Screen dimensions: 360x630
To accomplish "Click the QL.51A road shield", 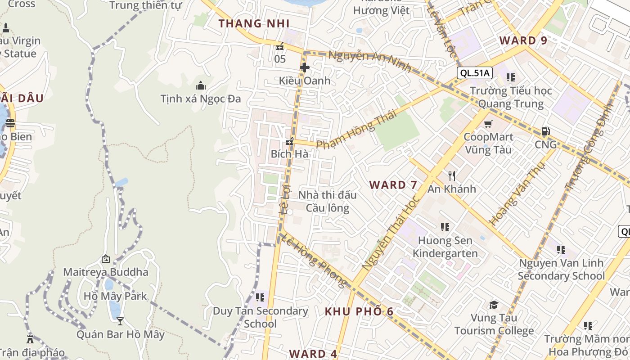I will [475, 72].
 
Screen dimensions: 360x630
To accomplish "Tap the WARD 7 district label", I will [393, 184].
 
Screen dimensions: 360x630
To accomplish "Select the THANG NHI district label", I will [254, 23].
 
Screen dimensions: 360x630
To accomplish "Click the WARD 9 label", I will [523, 40].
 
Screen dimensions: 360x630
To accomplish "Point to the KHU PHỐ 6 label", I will [359, 311].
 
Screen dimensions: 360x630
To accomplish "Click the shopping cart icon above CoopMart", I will [488, 124].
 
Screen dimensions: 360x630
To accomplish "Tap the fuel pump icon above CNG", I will [545, 131].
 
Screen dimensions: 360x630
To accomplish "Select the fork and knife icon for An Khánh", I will [452, 175].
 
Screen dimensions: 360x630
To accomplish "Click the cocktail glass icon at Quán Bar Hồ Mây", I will [120, 321].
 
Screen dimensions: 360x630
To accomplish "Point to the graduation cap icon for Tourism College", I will [494, 305].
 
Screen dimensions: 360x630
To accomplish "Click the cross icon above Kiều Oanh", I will [305, 67].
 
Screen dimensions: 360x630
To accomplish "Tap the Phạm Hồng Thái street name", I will [356, 129].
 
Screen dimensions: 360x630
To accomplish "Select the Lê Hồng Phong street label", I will [313, 261].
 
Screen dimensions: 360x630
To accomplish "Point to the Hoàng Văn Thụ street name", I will [517, 193].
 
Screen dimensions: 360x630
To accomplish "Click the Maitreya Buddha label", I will [106, 272].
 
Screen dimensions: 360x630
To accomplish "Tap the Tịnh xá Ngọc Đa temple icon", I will [201, 85].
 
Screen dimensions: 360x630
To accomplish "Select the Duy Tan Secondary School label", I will [260, 317].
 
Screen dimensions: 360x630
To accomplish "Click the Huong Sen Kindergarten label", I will [445, 247].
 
